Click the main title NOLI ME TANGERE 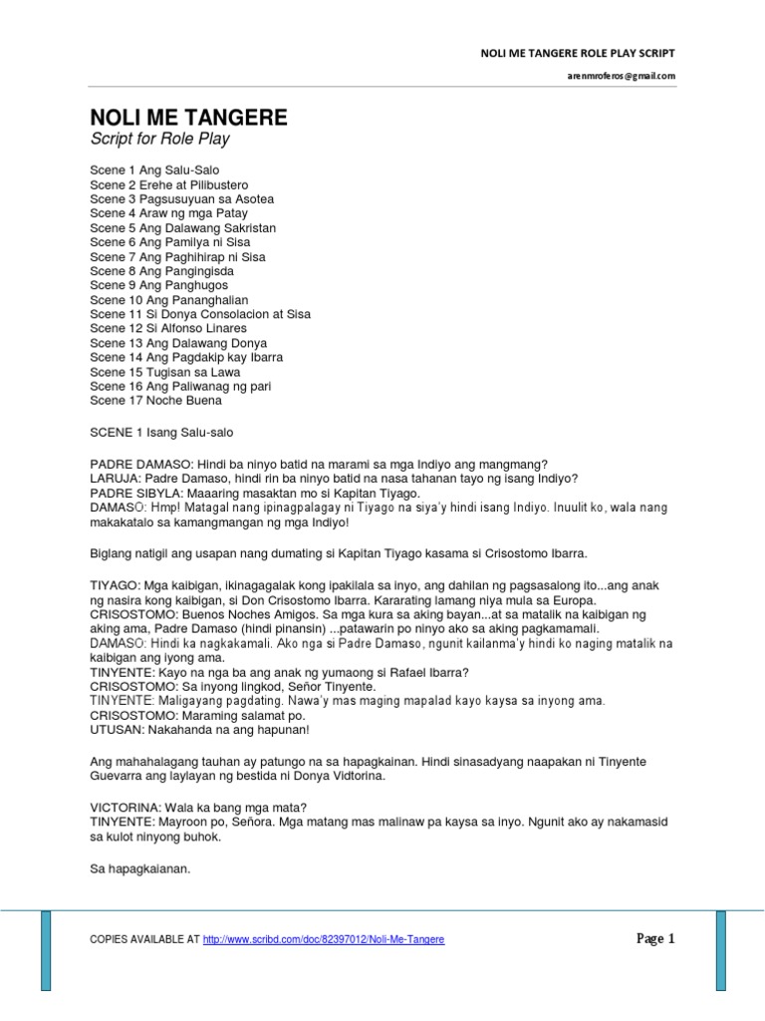click(188, 118)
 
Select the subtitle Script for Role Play click(159, 140)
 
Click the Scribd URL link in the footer click(324, 939)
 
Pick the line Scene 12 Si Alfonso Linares click(168, 328)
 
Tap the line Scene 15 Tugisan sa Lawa click(165, 372)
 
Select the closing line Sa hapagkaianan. click(138, 868)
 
